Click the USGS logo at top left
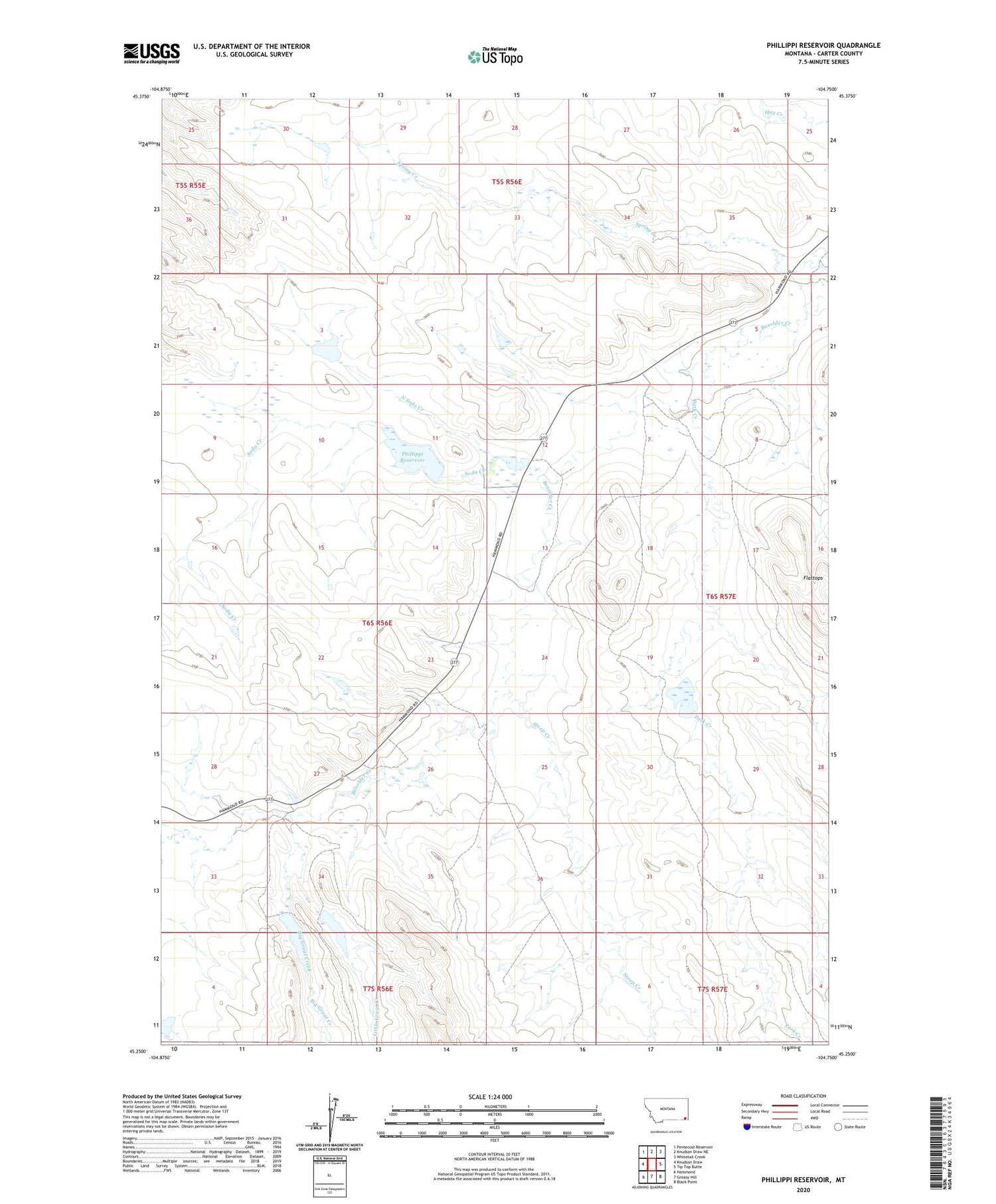coord(151,53)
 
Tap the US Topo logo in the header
coord(495,57)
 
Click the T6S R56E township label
coord(377,623)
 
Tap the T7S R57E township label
coord(712,989)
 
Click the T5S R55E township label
coord(191,186)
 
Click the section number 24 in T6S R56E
coord(544,657)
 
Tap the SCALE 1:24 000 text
coord(490,1096)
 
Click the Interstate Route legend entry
coord(764,1127)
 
